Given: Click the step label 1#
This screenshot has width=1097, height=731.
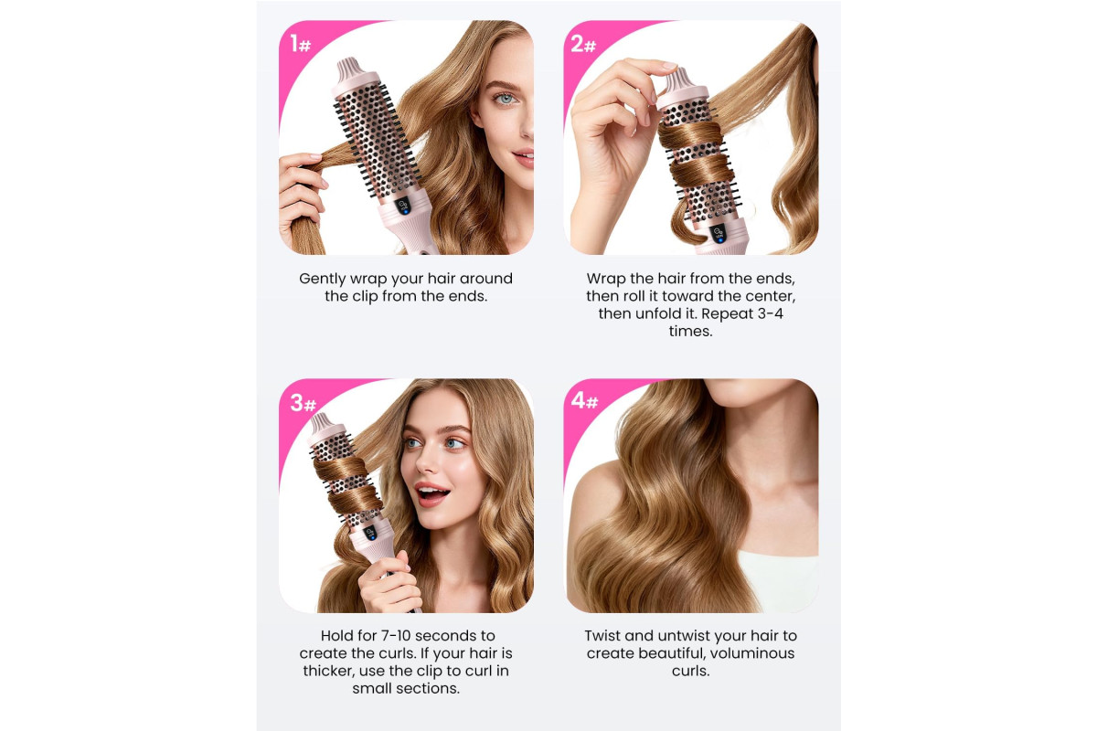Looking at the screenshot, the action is pyautogui.click(x=300, y=44).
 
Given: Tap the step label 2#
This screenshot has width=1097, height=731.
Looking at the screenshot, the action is pyautogui.click(x=583, y=44).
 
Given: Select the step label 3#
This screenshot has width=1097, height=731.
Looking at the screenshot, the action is pyautogui.click(x=304, y=403).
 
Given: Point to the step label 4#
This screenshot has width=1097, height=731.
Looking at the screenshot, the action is pyautogui.click(x=585, y=400).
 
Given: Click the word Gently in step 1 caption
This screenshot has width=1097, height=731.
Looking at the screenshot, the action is pyautogui.click(x=323, y=279).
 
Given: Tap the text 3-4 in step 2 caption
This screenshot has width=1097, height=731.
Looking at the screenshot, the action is pyautogui.click(x=771, y=313).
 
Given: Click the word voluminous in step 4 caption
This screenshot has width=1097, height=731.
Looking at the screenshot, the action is pyautogui.click(x=752, y=653).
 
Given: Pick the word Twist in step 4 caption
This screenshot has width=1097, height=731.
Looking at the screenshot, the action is pyautogui.click(x=602, y=636).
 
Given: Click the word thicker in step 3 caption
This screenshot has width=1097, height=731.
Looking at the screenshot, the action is pyautogui.click(x=328, y=671).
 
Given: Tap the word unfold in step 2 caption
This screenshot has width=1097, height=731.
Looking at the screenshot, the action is pyautogui.click(x=657, y=313).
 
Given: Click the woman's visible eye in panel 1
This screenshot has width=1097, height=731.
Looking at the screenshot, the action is pyautogui.click(x=504, y=99).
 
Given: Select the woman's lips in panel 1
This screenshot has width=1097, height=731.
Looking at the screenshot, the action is pyautogui.click(x=524, y=158).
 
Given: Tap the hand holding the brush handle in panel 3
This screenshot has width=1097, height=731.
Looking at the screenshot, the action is pyautogui.click(x=389, y=583).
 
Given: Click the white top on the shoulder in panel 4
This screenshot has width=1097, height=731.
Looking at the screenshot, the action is pyautogui.click(x=779, y=580).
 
